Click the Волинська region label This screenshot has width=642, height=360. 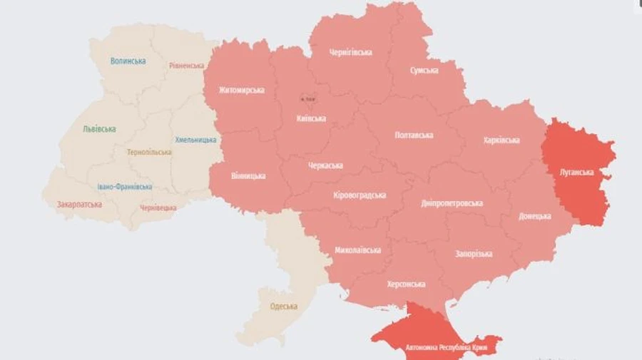point(128,61)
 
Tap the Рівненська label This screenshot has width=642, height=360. point(187,66)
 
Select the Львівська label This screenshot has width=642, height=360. point(99,129)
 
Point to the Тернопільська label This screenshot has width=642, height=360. point(149,153)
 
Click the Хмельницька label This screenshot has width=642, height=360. point(195,140)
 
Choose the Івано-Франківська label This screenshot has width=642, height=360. point(125,187)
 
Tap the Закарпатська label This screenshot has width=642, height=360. point(79,205)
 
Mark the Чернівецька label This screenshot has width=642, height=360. point(158,207)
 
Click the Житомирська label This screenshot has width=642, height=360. point(242,91)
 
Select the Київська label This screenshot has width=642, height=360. point(311,118)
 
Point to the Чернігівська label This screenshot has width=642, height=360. point(350,52)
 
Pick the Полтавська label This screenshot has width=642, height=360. point(414,135)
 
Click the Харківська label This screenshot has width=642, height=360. point(501,140)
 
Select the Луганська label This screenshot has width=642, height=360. point(577,172)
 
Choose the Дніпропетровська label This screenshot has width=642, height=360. point(452,203)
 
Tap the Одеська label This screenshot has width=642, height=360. point(284,307)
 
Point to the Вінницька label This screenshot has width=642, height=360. point(248,175)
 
